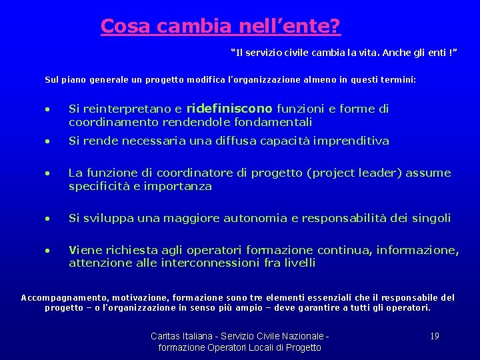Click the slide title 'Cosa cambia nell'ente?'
click(221, 26)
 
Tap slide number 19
click(434, 336)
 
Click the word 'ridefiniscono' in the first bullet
click(229, 109)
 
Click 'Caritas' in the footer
click(167, 336)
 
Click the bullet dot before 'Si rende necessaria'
click(48, 141)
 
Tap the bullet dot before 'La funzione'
click(48, 173)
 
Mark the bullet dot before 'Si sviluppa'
click(48, 219)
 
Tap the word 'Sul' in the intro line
click(51, 79)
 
